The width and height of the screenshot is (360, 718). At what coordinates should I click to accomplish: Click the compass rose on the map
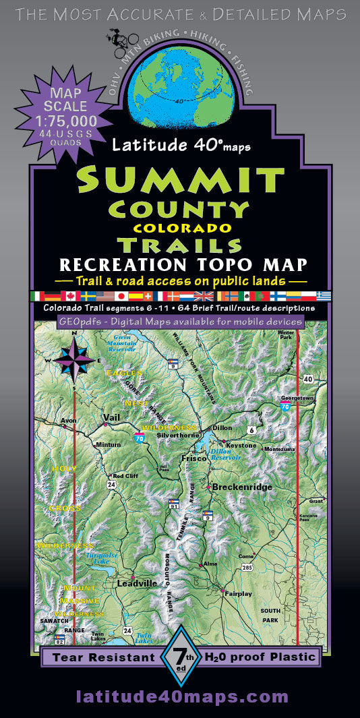pyautogui.click(x=75, y=357)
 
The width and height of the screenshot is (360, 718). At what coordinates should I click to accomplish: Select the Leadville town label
pyautogui.click(x=137, y=582)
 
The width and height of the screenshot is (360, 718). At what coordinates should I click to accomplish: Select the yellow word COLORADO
pyautogui.click(x=182, y=229)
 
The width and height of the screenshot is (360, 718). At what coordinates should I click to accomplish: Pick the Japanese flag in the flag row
pyautogui.click(x=122, y=296)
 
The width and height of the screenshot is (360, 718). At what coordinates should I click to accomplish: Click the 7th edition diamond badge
pyautogui.click(x=180, y=657)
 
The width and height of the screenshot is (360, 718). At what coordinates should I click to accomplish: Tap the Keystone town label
pyautogui.click(x=241, y=445)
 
